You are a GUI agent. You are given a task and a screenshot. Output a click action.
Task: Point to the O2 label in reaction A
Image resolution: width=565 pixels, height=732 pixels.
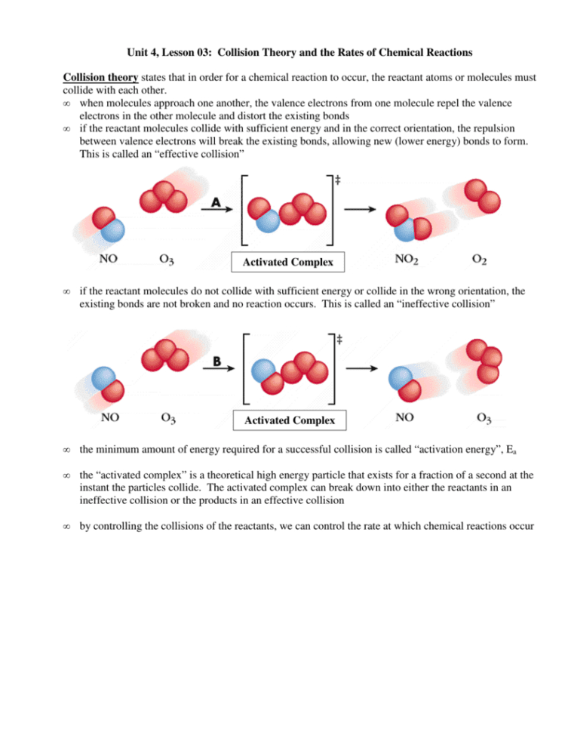click(x=478, y=260)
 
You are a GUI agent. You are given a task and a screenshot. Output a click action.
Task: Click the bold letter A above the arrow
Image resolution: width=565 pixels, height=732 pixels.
click(x=216, y=202)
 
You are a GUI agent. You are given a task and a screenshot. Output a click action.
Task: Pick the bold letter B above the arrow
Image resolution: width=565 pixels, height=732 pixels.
click(x=217, y=361)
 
